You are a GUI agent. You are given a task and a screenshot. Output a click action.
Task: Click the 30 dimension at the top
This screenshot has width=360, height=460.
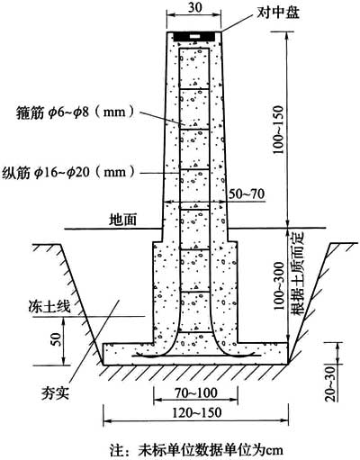[195, 7]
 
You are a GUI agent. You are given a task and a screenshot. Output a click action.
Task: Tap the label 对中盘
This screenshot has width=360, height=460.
[278, 13]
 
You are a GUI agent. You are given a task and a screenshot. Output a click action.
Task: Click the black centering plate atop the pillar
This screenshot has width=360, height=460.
[194, 37]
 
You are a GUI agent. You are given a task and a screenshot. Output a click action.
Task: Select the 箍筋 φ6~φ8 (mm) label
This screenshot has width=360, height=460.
[76, 113]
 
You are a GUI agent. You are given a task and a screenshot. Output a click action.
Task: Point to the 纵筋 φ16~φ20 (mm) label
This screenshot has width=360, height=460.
[68, 173]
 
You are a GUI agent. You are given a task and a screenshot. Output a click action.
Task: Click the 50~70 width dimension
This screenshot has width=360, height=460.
[247, 194]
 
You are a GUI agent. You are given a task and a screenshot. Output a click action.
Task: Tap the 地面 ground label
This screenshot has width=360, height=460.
[123, 220]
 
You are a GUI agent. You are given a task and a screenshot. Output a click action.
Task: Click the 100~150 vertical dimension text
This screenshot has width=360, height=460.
[278, 130]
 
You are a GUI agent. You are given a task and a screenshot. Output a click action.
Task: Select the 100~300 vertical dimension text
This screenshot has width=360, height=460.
[278, 285]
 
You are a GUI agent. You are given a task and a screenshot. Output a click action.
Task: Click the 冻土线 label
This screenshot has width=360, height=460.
[49, 306]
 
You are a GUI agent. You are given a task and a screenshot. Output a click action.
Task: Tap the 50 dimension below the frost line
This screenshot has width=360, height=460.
[57, 338]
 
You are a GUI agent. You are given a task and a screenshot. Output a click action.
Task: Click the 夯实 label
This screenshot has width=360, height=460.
[55, 392]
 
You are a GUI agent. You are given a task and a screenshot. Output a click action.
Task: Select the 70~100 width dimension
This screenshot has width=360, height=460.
[196, 392]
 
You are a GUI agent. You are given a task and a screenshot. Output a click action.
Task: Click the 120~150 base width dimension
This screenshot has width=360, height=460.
[196, 412]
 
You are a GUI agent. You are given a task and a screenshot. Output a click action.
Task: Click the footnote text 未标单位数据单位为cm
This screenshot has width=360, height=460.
[211, 450]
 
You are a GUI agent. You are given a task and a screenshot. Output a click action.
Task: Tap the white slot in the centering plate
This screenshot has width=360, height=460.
[194, 36]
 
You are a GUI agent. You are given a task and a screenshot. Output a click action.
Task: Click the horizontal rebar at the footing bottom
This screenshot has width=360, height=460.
[196, 356]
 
